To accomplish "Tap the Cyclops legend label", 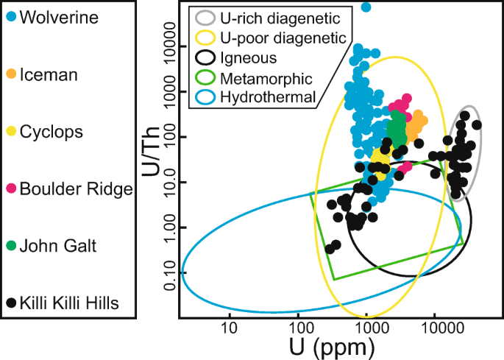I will pos(52,132).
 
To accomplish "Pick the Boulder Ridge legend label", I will pos(76,189).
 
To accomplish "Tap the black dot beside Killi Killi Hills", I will pos(11,303).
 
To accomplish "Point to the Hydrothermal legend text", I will pos(269,96).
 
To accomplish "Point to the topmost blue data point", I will pos(366,7).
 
